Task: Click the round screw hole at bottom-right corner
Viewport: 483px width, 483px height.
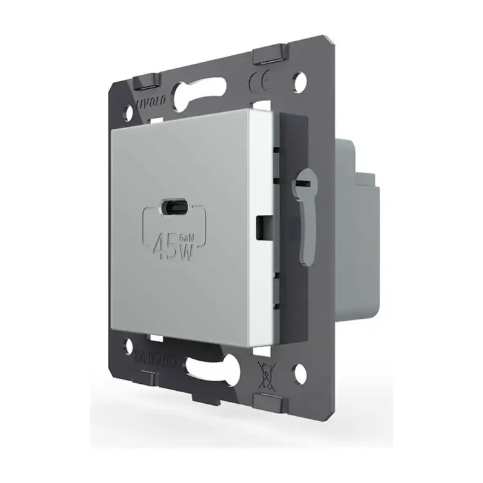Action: (x=299, y=372)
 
